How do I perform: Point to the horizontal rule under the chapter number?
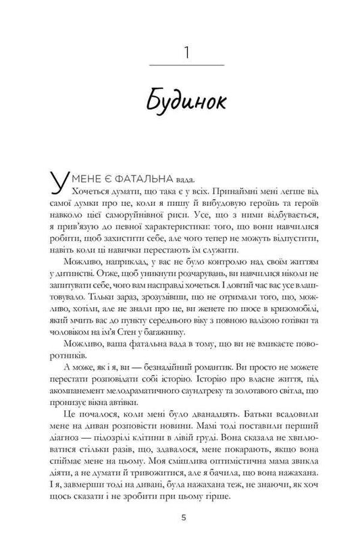180,65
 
